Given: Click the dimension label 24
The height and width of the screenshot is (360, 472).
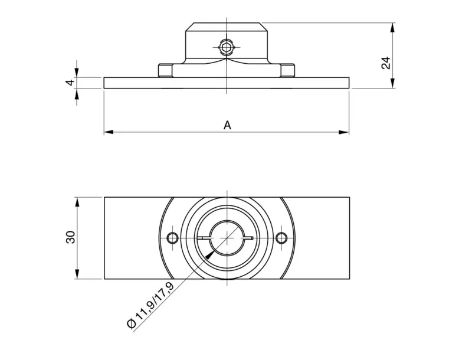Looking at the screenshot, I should [x=386, y=63].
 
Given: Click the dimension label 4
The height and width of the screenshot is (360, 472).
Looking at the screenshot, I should [x=70, y=83].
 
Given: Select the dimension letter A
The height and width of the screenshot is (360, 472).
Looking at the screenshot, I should [x=227, y=125].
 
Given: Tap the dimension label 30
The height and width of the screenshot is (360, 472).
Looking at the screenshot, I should [x=70, y=238].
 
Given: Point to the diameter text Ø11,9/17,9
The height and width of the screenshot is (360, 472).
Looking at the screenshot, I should [x=150, y=305].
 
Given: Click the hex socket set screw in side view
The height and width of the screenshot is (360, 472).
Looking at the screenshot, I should [x=227, y=46].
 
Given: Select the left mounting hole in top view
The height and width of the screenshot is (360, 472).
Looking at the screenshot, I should [x=172, y=238].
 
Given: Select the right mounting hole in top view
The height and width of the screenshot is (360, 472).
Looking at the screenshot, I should [x=281, y=238].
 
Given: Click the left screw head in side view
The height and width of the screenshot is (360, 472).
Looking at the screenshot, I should [x=165, y=71].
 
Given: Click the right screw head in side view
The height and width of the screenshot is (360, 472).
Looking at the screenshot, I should [x=288, y=71].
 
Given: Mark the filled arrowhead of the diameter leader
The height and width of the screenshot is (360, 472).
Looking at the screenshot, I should [x=209, y=255].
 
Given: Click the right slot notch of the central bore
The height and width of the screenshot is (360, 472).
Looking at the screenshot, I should [x=251, y=238].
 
